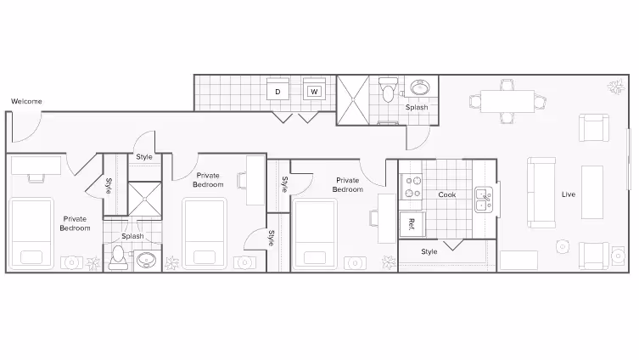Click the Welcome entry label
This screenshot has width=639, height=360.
(26, 102)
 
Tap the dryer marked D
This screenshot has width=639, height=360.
(278, 91)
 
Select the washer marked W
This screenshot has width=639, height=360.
(314, 91)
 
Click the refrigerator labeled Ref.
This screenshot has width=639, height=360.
(412, 224)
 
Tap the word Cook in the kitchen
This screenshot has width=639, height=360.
(447, 194)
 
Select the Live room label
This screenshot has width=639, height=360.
(569, 194)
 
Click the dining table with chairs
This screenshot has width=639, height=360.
(507, 102)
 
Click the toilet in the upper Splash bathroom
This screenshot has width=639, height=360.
(389, 89)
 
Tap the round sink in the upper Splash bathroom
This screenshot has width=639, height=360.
(420, 87)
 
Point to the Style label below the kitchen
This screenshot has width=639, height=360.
(429, 251)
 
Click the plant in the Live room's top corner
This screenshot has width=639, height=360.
(613, 86)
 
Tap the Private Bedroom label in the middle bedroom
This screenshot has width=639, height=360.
(208, 180)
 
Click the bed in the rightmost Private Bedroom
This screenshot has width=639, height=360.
(316, 233)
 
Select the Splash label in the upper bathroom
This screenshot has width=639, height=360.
(417, 108)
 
